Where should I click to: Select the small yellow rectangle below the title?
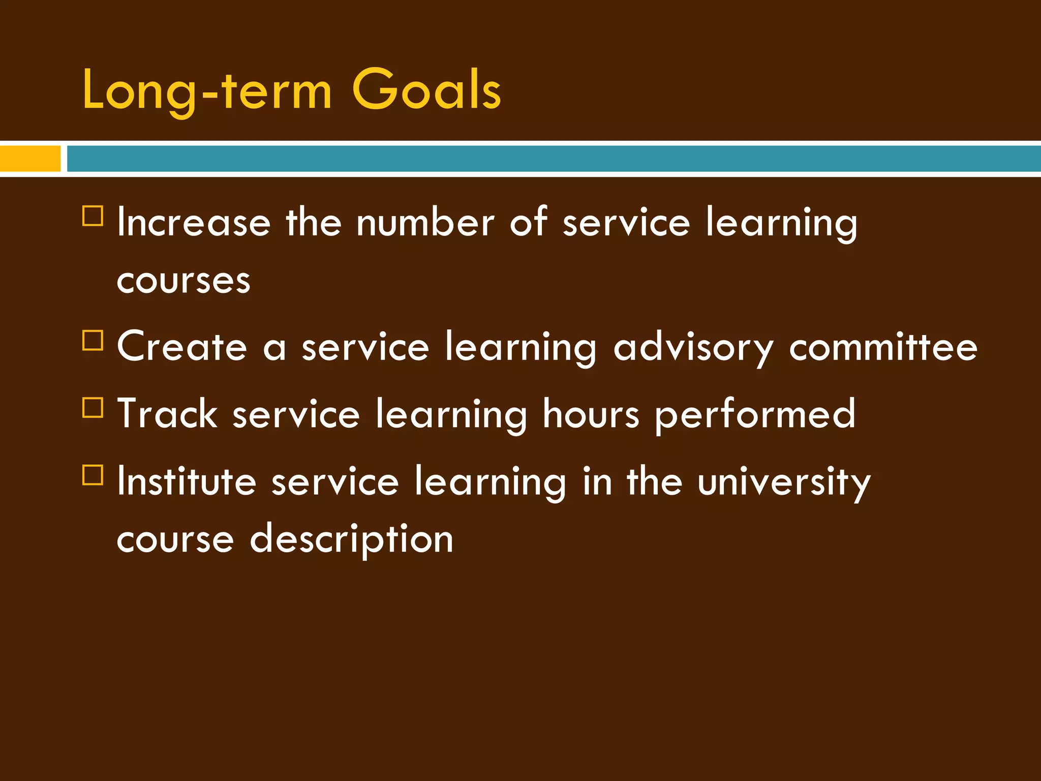[x=29, y=158]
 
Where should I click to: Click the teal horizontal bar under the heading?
[x=553, y=158]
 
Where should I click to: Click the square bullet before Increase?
[x=93, y=216]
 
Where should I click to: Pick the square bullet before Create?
[x=93, y=340]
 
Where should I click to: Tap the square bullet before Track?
[x=93, y=407]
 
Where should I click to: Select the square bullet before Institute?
[x=93, y=475]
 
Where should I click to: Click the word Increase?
[x=194, y=223]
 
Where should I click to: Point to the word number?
[x=425, y=223]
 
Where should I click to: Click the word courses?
[x=183, y=281]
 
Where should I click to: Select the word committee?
[x=883, y=347]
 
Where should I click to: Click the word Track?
[x=167, y=414]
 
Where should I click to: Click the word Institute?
[x=187, y=482]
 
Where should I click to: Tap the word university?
[x=784, y=483]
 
